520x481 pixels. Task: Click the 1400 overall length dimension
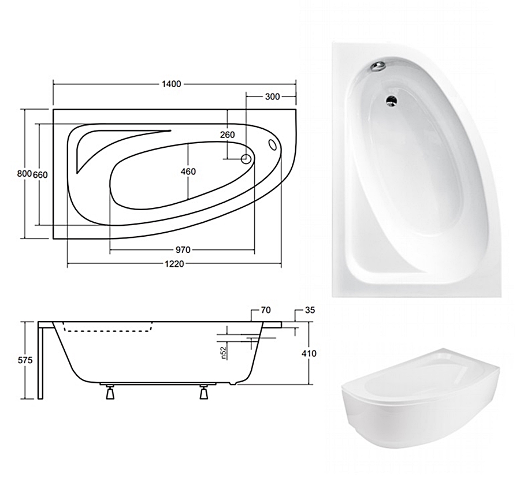tap(172, 84)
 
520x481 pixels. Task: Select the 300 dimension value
tap(272, 96)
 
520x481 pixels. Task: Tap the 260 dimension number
tap(228, 135)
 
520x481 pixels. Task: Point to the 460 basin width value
tap(188, 171)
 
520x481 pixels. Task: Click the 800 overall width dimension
tap(24, 173)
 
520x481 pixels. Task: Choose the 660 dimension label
tap(40, 174)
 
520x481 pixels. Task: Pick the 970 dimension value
tap(183, 249)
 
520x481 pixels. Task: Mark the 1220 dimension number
tap(174, 264)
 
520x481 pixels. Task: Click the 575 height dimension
tap(25, 360)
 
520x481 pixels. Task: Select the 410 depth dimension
tap(309, 353)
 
